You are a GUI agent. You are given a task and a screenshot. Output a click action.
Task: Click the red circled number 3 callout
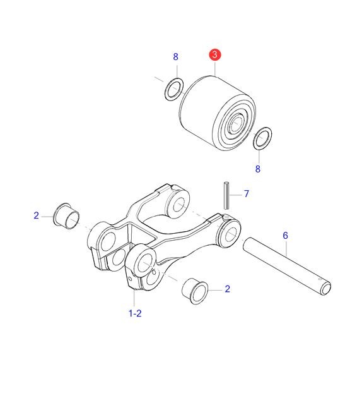(x=215, y=54)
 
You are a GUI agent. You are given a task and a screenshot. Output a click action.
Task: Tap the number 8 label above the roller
(x=175, y=57)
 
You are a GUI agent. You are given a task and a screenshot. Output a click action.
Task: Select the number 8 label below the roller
(x=258, y=169)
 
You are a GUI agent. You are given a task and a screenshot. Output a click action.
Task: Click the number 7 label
(x=247, y=194)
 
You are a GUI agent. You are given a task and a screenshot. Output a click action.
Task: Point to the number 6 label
(x=285, y=236)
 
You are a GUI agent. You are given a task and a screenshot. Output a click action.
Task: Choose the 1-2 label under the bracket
(x=135, y=313)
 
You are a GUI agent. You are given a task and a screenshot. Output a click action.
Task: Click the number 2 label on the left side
(x=36, y=215)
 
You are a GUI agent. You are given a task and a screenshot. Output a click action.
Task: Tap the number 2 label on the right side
(x=228, y=289)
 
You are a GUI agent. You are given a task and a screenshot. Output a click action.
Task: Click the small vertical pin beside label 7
(x=226, y=195)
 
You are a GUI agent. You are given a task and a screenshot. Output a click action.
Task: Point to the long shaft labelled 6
(x=286, y=266)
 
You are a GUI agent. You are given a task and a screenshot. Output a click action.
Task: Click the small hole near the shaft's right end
(x=320, y=279)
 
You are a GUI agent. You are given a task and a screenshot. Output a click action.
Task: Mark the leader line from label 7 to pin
(x=236, y=195)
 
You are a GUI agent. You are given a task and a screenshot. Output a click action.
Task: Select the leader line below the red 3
(x=215, y=68)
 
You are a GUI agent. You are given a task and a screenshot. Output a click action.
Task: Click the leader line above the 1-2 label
(x=134, y=298)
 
